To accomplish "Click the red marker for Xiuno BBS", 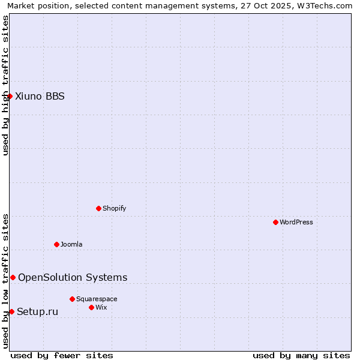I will [x=10, y=96].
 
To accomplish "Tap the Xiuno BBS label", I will [x=40, y=96].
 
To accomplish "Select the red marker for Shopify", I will [x=98, y=208].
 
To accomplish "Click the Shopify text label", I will [x=114, y=208].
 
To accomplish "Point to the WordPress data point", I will [x=275, y=222].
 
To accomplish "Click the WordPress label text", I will [x=296, y=222].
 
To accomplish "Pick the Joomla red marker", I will [x=56, y=244].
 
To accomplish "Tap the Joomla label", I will [x=71, y=244].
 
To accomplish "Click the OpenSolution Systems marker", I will [x=13, y=277].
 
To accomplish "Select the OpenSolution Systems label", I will [x=73, y=277].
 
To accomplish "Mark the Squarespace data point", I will [x=72, y=299].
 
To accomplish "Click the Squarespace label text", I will [x=97, y=299].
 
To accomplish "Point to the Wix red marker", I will [x=91, y=307].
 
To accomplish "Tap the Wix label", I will [x=101, y=307].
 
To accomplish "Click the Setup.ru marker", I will [x=11, y=311].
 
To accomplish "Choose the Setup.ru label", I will [x=37, y=311].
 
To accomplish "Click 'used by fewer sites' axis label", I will [x=62, y=355].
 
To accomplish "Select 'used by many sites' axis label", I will [x=301, y=355].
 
